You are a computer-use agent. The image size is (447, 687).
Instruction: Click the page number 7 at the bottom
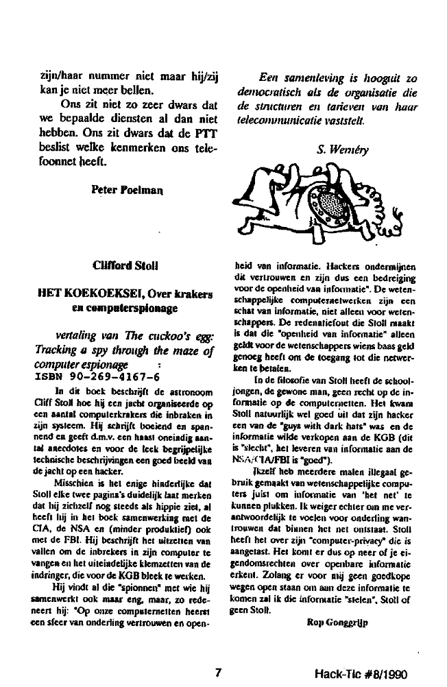tap(217, 672)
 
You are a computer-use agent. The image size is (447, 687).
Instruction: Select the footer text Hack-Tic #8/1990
tap(357, 673)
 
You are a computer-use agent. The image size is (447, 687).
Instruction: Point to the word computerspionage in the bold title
tap(130, 309)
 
